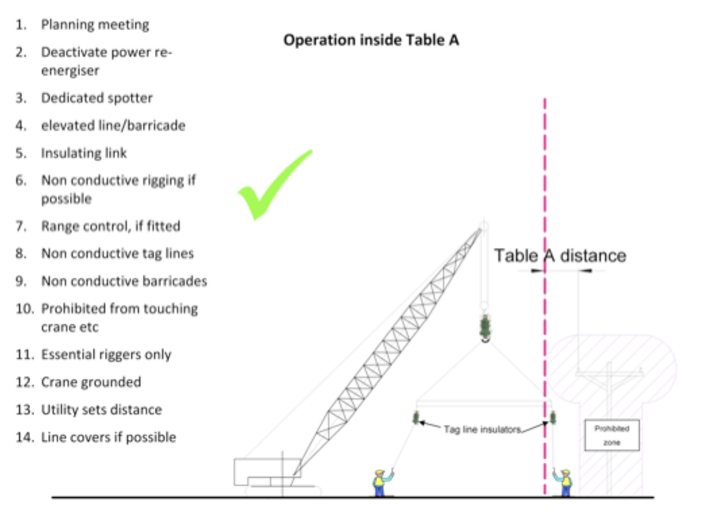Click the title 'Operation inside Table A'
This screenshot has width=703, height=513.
point(371,41)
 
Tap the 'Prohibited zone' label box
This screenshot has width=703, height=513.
point(612,435)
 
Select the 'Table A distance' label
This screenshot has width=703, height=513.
point(560,255)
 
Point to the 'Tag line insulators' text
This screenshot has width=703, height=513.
point(483,429)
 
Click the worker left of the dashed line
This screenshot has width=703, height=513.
point(381,483)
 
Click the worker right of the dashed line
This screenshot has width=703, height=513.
point(563,483)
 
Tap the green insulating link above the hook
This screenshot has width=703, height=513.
point(485,326)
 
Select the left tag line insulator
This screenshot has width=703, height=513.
point(416,417)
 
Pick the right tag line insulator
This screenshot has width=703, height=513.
point(553,417)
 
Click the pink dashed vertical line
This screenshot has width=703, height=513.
point(545,297)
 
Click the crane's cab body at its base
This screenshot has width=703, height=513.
point(267,472)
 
